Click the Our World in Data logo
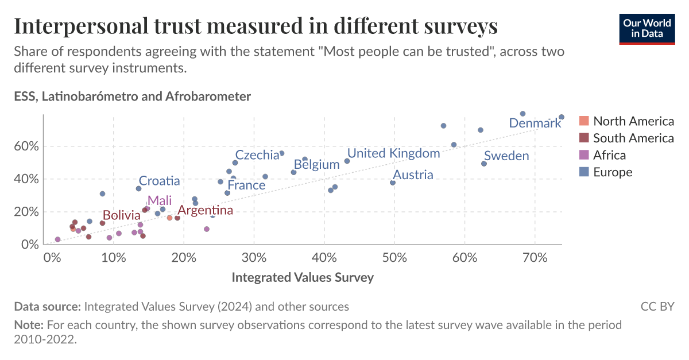point(647,27)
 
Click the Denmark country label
point(535,123)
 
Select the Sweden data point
point(484,164)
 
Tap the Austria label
point(412,175)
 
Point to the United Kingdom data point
point(347,161)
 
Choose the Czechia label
point(257,155)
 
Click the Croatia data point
point(138,188)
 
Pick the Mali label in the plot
point(159,200)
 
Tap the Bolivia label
point(121,216)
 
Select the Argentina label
point(205,210)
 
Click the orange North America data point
point(169,218)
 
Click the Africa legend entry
point(609,155)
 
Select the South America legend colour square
point(584,138)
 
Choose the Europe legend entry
point(612,172)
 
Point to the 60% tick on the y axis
point(26,146)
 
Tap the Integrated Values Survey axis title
point(303,278)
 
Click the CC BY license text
point(657,307)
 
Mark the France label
point(246,185)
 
